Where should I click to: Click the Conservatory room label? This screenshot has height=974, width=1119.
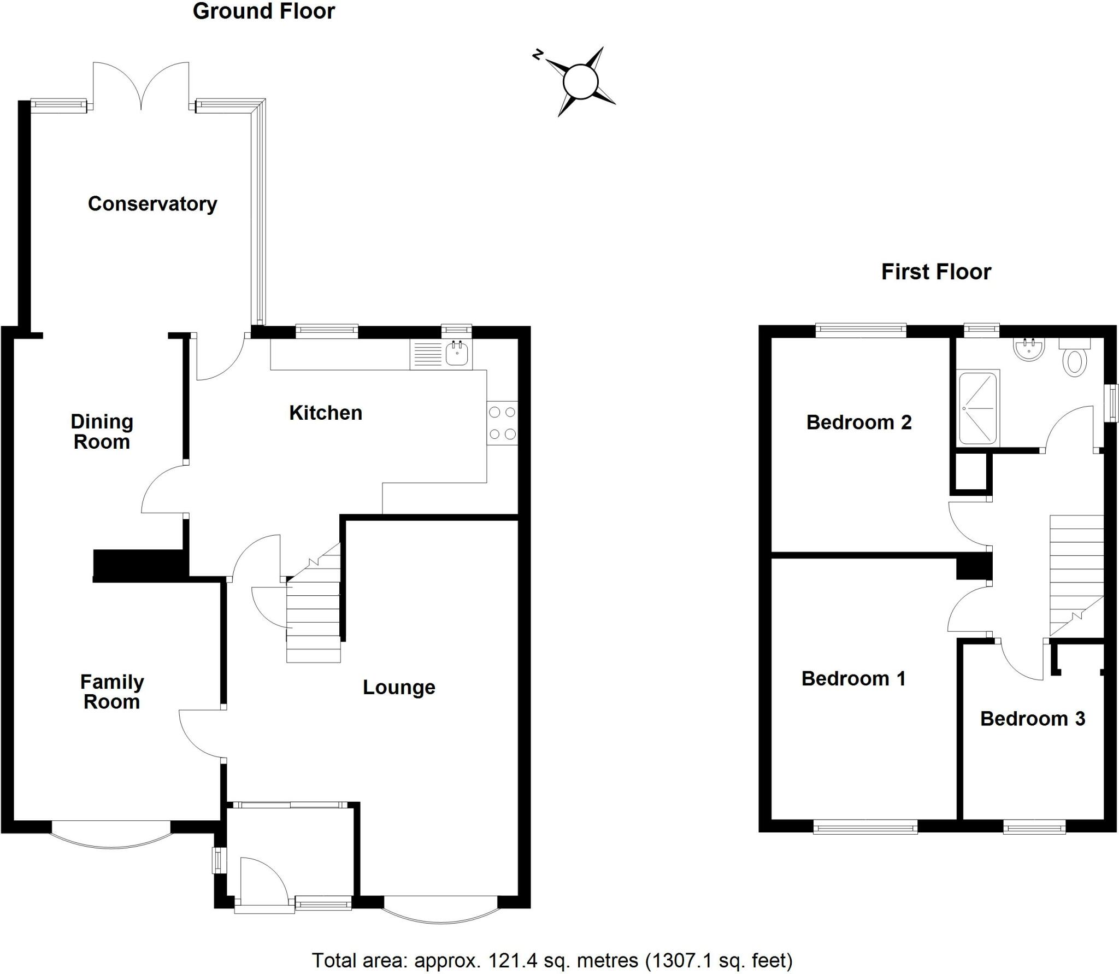pos(152,204)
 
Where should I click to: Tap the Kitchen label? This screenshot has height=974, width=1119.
pos(326,413)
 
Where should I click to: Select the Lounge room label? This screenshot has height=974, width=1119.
pos(399,687)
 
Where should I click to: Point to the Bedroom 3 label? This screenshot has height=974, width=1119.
pos(1032,718)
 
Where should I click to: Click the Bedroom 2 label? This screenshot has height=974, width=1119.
pos(859,422)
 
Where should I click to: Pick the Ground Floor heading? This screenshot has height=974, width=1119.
pos(264,11)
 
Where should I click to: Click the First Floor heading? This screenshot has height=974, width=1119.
pos(936,272)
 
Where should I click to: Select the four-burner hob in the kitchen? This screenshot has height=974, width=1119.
pos(502,423)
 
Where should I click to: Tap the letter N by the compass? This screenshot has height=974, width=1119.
pos(538,54)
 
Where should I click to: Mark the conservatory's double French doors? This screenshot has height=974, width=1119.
pos(141,87)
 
